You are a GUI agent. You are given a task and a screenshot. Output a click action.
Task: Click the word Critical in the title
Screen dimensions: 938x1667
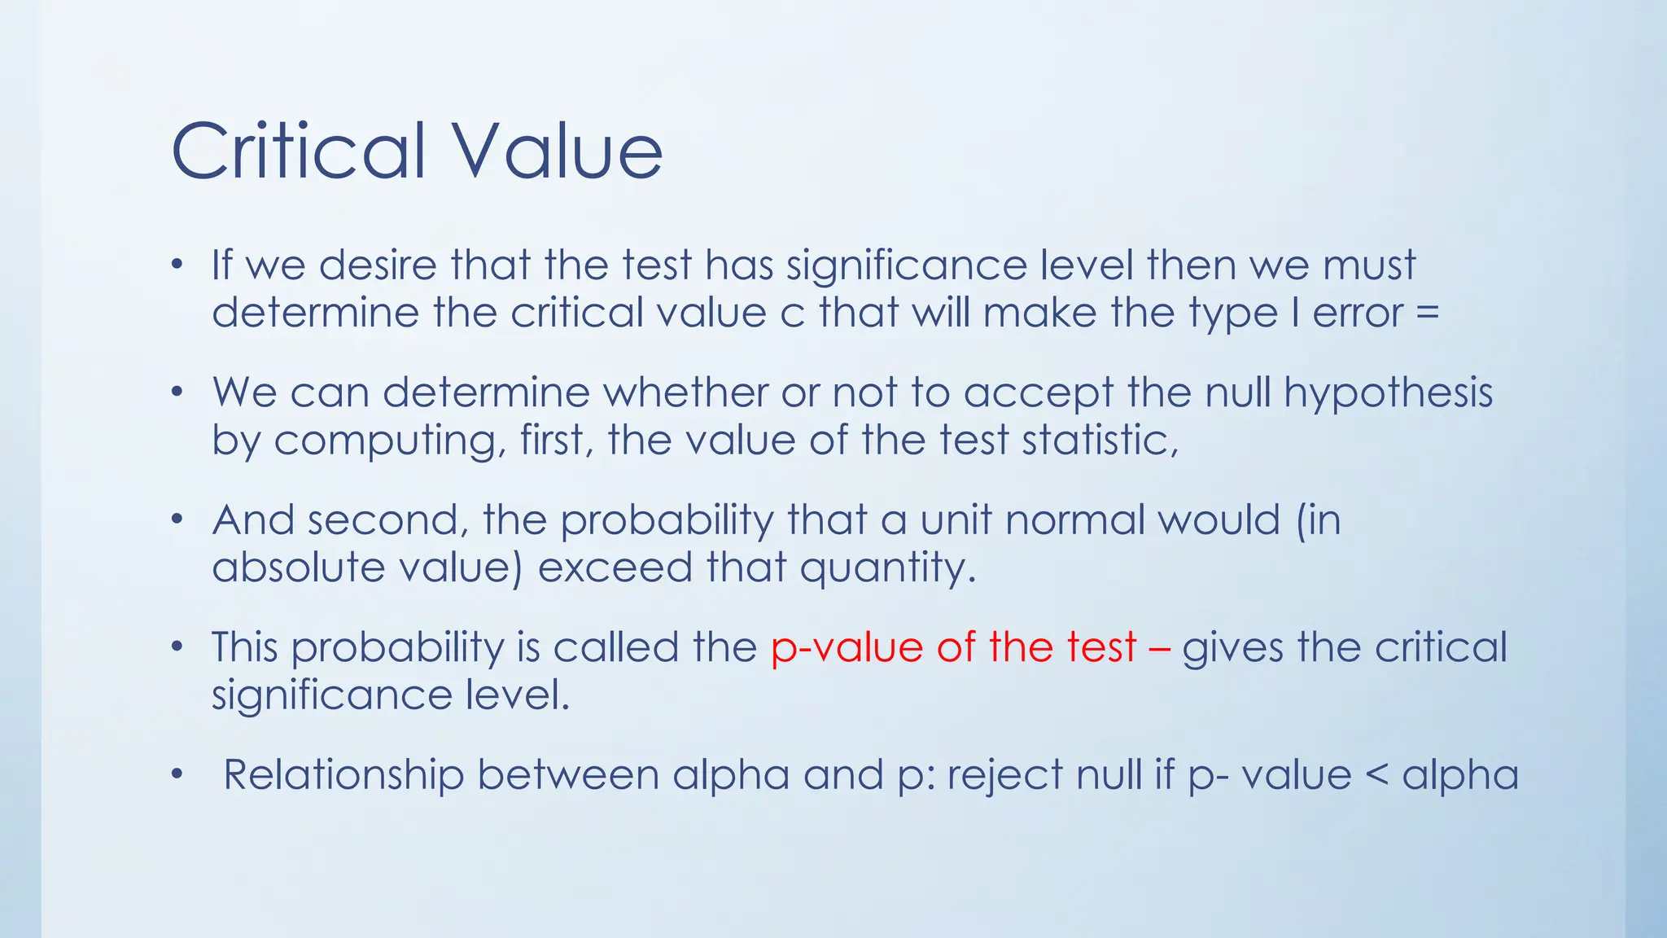pyautogui.click(x=299, y=151)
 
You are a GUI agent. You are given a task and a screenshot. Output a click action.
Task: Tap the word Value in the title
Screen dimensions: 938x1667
pyautogui.click(x=558, y=151)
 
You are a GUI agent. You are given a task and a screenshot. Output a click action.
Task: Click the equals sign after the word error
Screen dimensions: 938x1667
pyautogui.click(x=1428, y=313)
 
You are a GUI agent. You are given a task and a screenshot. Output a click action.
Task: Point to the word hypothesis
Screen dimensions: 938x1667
pyautogui.click(x=1389, y=393)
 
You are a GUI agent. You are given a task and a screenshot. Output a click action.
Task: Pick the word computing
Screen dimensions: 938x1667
pyautogui.click(x=384, y=441)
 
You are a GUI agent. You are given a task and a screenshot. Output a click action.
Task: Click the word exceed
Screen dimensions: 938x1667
pyautogui.click(x=615, y=568)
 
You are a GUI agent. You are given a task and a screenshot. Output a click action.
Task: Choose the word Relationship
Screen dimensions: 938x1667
pyautogui.click(x=343, y=775)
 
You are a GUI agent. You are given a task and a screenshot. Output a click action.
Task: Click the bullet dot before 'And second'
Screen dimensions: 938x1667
pyautogui.click(x=177, y=519)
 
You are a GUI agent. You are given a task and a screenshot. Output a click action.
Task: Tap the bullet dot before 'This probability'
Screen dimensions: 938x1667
pyautogui.click(x=177, y=647)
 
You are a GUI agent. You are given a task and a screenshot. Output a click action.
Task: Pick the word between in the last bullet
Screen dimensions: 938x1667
pyautogui.click(x=568, y=775)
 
